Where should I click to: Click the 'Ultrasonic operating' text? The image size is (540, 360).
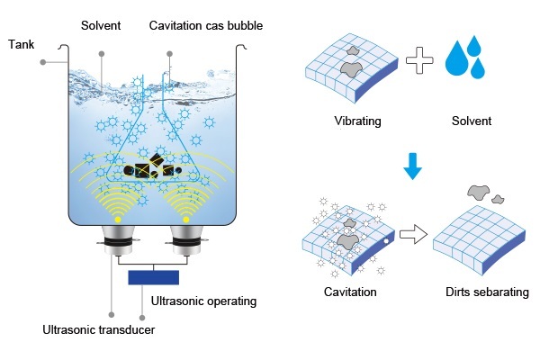point(204,301)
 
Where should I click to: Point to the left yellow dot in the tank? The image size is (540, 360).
point(117,219)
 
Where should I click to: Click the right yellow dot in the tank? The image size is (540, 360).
point(187,219)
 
